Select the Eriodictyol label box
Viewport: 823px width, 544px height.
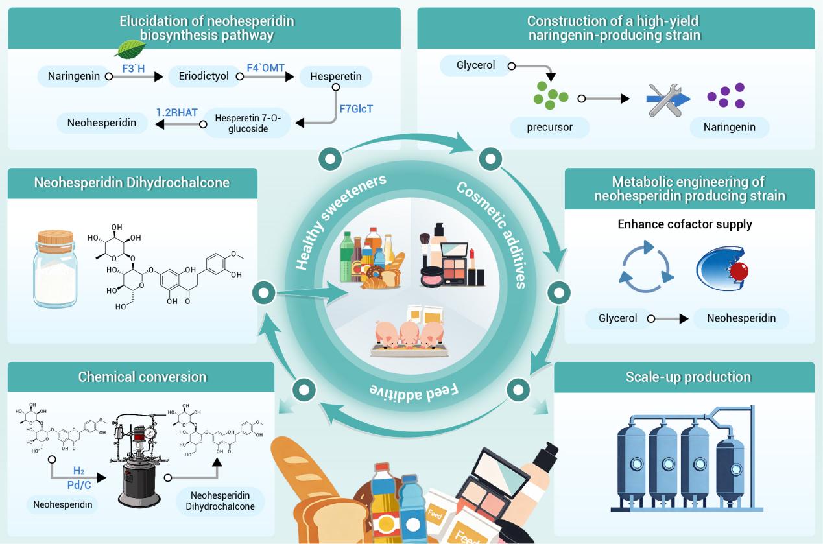click(203, 77)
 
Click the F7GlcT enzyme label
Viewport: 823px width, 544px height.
click(356, 109)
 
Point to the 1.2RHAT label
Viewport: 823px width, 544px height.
click(176, 112)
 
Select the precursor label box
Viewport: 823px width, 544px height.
click(550, 127)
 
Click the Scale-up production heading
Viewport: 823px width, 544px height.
click(687, 377)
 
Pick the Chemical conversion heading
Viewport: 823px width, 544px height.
click(142, 377)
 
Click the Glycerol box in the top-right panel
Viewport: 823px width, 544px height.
click(476, 65)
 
